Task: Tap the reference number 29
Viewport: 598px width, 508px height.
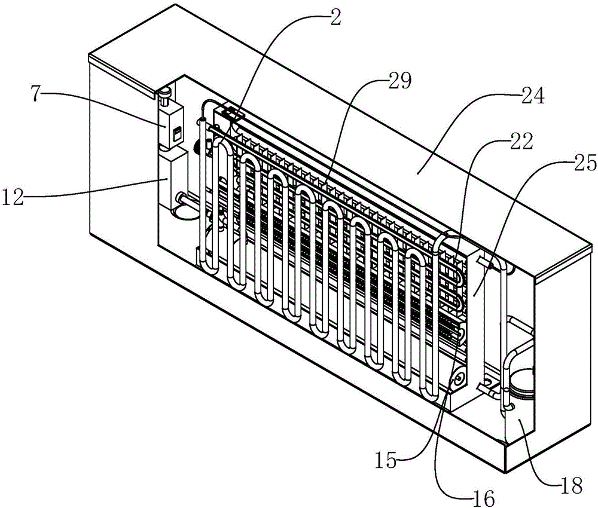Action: point(399,81)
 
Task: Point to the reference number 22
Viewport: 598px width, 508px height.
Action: point(521,142)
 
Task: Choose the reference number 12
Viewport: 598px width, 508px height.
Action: point(14,198)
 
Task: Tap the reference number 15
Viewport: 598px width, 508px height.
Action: point(387,461)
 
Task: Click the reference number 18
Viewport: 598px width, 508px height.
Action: point(571,486)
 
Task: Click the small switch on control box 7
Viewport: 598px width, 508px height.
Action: point(176,134)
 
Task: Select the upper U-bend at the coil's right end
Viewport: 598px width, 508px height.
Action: point(446,238)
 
